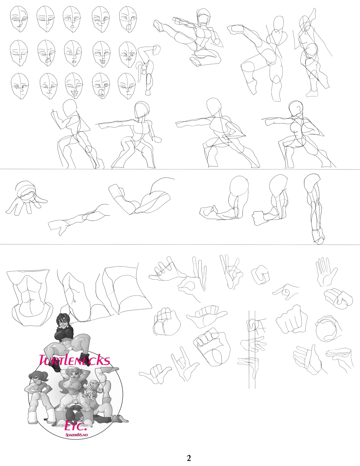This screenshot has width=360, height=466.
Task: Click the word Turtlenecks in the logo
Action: (74, 360)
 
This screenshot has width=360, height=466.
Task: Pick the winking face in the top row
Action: (101, 19)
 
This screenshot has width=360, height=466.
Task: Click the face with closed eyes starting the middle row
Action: (19, 53)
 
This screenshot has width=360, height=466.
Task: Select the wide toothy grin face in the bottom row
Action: (74, 85)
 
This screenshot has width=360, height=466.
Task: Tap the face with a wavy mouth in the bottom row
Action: (49, 86)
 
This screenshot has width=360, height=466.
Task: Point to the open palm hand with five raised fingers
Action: (326, 272)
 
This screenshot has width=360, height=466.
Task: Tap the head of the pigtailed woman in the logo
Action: (38, 380)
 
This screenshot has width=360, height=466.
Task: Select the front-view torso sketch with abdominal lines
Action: (30, 298)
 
